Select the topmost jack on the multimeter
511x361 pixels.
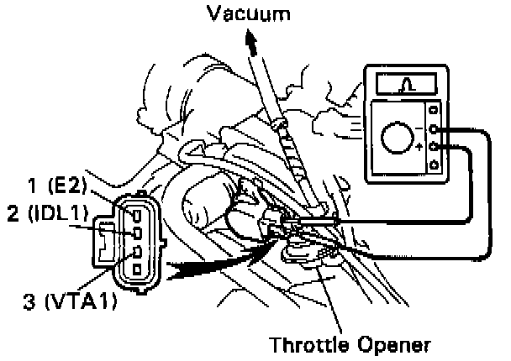click(x=434, y=110)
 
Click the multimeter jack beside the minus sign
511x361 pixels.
click(x=434, y=128)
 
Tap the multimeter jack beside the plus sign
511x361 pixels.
click(x=434, y=146)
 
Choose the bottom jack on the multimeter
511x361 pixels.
click(x=434, y=165)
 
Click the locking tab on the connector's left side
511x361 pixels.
click(x=105, y=242)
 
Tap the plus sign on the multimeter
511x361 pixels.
click(x=419, y=147)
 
